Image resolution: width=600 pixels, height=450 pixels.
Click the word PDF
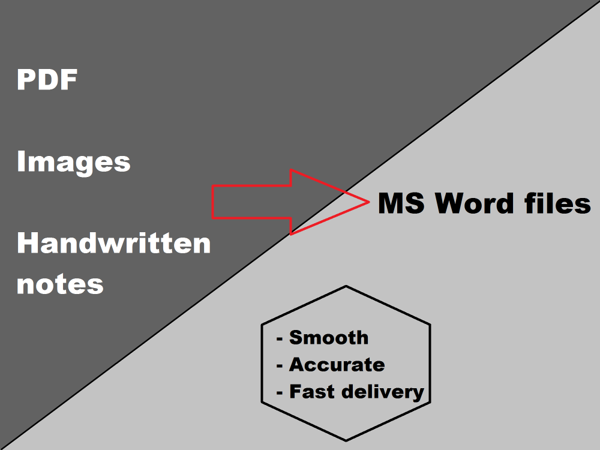coord(47,80)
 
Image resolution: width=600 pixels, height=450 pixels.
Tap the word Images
coord(73,162)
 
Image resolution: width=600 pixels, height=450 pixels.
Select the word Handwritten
coord(113,243)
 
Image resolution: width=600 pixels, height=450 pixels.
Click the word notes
coord(60,285)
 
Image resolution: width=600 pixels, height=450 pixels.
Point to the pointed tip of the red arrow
coord(369,202)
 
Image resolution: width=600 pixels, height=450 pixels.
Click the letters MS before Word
coord(401,203)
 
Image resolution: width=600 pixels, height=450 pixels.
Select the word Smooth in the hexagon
coord(329,337)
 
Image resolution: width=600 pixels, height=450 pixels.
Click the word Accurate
coord(337,364)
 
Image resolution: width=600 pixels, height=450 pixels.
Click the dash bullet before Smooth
coord(280,339)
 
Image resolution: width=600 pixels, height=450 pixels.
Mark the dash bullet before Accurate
coord(280,366)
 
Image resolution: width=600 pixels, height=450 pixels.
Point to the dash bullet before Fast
coord(280,394)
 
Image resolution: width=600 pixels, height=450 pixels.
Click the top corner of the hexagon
coord(346,286)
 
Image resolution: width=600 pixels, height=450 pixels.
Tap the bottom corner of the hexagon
coord(346,441)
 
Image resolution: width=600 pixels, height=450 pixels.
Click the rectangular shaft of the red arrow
coord(252,202)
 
